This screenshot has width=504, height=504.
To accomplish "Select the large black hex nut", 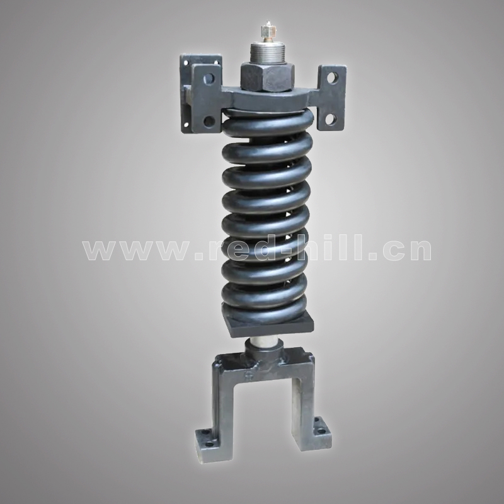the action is point(266,76).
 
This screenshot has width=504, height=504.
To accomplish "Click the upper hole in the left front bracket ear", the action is point(209,77).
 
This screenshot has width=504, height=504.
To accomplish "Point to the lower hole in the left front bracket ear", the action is point(209,121).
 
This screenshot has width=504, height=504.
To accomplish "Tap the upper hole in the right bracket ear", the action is point(333,77).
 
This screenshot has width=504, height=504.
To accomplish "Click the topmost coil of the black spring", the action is point(268,123).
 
